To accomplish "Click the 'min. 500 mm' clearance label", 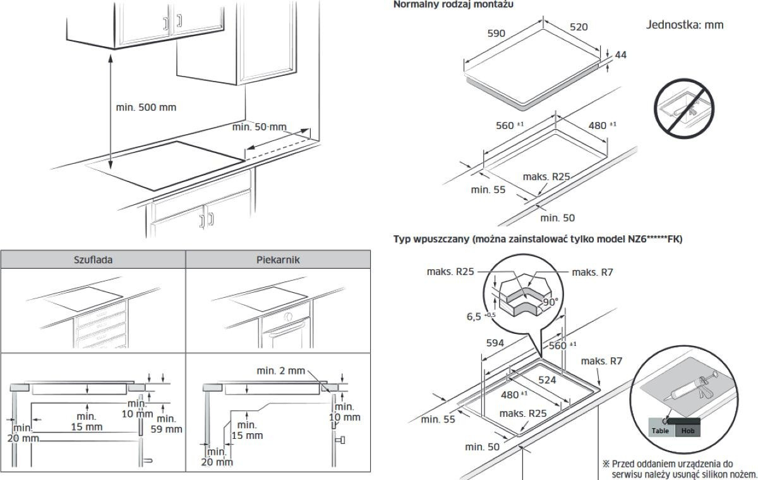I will tap(146, 107).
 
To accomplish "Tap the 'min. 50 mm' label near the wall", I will tap(259, 127).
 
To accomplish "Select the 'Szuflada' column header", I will tap(93, 259).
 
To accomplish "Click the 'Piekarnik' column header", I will tap(278, 259).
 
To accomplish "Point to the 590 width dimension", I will tap(496, 33).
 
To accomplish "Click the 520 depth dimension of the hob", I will tap(579, 27).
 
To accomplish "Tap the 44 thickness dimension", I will tap(620, 55).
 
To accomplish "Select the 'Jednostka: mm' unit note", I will tap(685, 25).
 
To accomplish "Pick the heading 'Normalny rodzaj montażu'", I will tap(453, 4).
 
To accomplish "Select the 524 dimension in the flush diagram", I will tap(546, 380).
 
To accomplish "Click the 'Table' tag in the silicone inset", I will tap(660, 431).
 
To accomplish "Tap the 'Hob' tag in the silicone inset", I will tap(687, 431).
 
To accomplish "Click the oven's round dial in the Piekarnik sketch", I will tap(288, 316).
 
